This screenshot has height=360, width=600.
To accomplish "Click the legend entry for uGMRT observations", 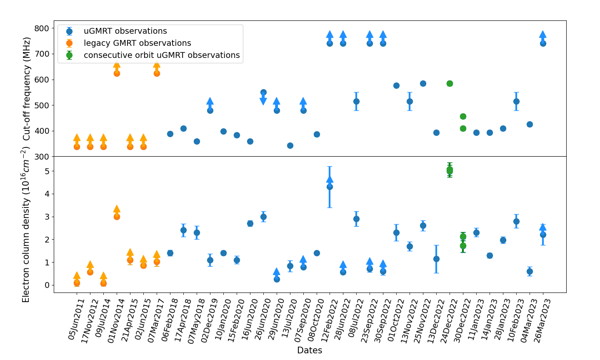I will (x=125, y=31).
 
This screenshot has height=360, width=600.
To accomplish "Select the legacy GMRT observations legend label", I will (x=137, y=43).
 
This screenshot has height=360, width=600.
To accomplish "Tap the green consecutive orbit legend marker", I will (x=69, y=55).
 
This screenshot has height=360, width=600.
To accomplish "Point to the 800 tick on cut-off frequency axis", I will (x=42, y=28).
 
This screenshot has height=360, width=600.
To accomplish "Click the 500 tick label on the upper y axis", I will (x=42, y=105).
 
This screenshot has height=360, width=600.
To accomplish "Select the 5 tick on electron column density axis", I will (x=47, y=171).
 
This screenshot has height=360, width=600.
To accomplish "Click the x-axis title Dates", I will (x=309, y=350).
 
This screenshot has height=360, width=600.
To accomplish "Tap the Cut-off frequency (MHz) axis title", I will (x=27, y=89).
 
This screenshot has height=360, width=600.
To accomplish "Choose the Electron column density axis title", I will (x=26, y=225).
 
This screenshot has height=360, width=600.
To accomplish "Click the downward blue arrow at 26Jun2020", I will (x=263, y=100).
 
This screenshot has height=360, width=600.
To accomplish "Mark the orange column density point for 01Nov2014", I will (x=117, y=217).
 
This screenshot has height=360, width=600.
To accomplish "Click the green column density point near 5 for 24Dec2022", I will (x=450, y=170).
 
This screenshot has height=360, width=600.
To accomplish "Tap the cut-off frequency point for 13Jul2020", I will (x=290, y=145).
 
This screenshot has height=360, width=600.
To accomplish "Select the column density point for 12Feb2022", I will (x=330, y=187).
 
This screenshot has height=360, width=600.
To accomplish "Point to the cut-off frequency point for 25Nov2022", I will (x=423, y=83).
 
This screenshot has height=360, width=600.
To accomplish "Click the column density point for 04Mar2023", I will (x=530, y=271).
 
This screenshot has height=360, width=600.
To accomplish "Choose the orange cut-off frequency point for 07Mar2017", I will (x=157, y=73).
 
